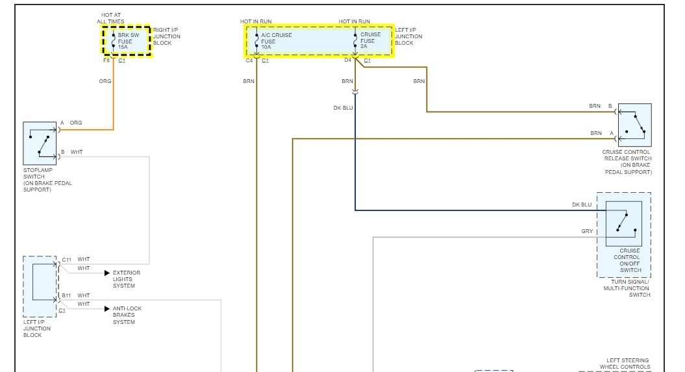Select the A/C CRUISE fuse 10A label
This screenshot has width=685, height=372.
click(275, 41)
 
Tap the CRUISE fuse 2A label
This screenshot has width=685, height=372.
click(371, 41)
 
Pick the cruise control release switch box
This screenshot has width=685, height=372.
click(634, 125)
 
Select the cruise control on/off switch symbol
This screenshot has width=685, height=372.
click(623, 223)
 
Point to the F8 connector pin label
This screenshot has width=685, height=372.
click(106, 60)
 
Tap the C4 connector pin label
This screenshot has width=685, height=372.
click(249, 60)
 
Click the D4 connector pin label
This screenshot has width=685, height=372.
click(347, 60)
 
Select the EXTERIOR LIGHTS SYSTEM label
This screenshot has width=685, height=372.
click(126, 279)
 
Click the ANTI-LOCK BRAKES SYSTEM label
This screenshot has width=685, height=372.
click(127, 316)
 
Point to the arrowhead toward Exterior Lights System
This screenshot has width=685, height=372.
click(107, 273)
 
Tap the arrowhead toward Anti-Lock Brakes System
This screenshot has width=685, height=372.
click(107, 309)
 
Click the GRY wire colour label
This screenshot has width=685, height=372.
click(586, 231)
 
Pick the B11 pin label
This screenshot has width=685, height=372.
click(66, 295)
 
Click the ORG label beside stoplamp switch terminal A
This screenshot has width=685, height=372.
click(76, 123)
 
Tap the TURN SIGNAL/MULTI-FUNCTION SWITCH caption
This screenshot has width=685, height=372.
click(626, 288)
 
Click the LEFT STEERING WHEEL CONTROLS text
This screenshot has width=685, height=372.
click(627, 364)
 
